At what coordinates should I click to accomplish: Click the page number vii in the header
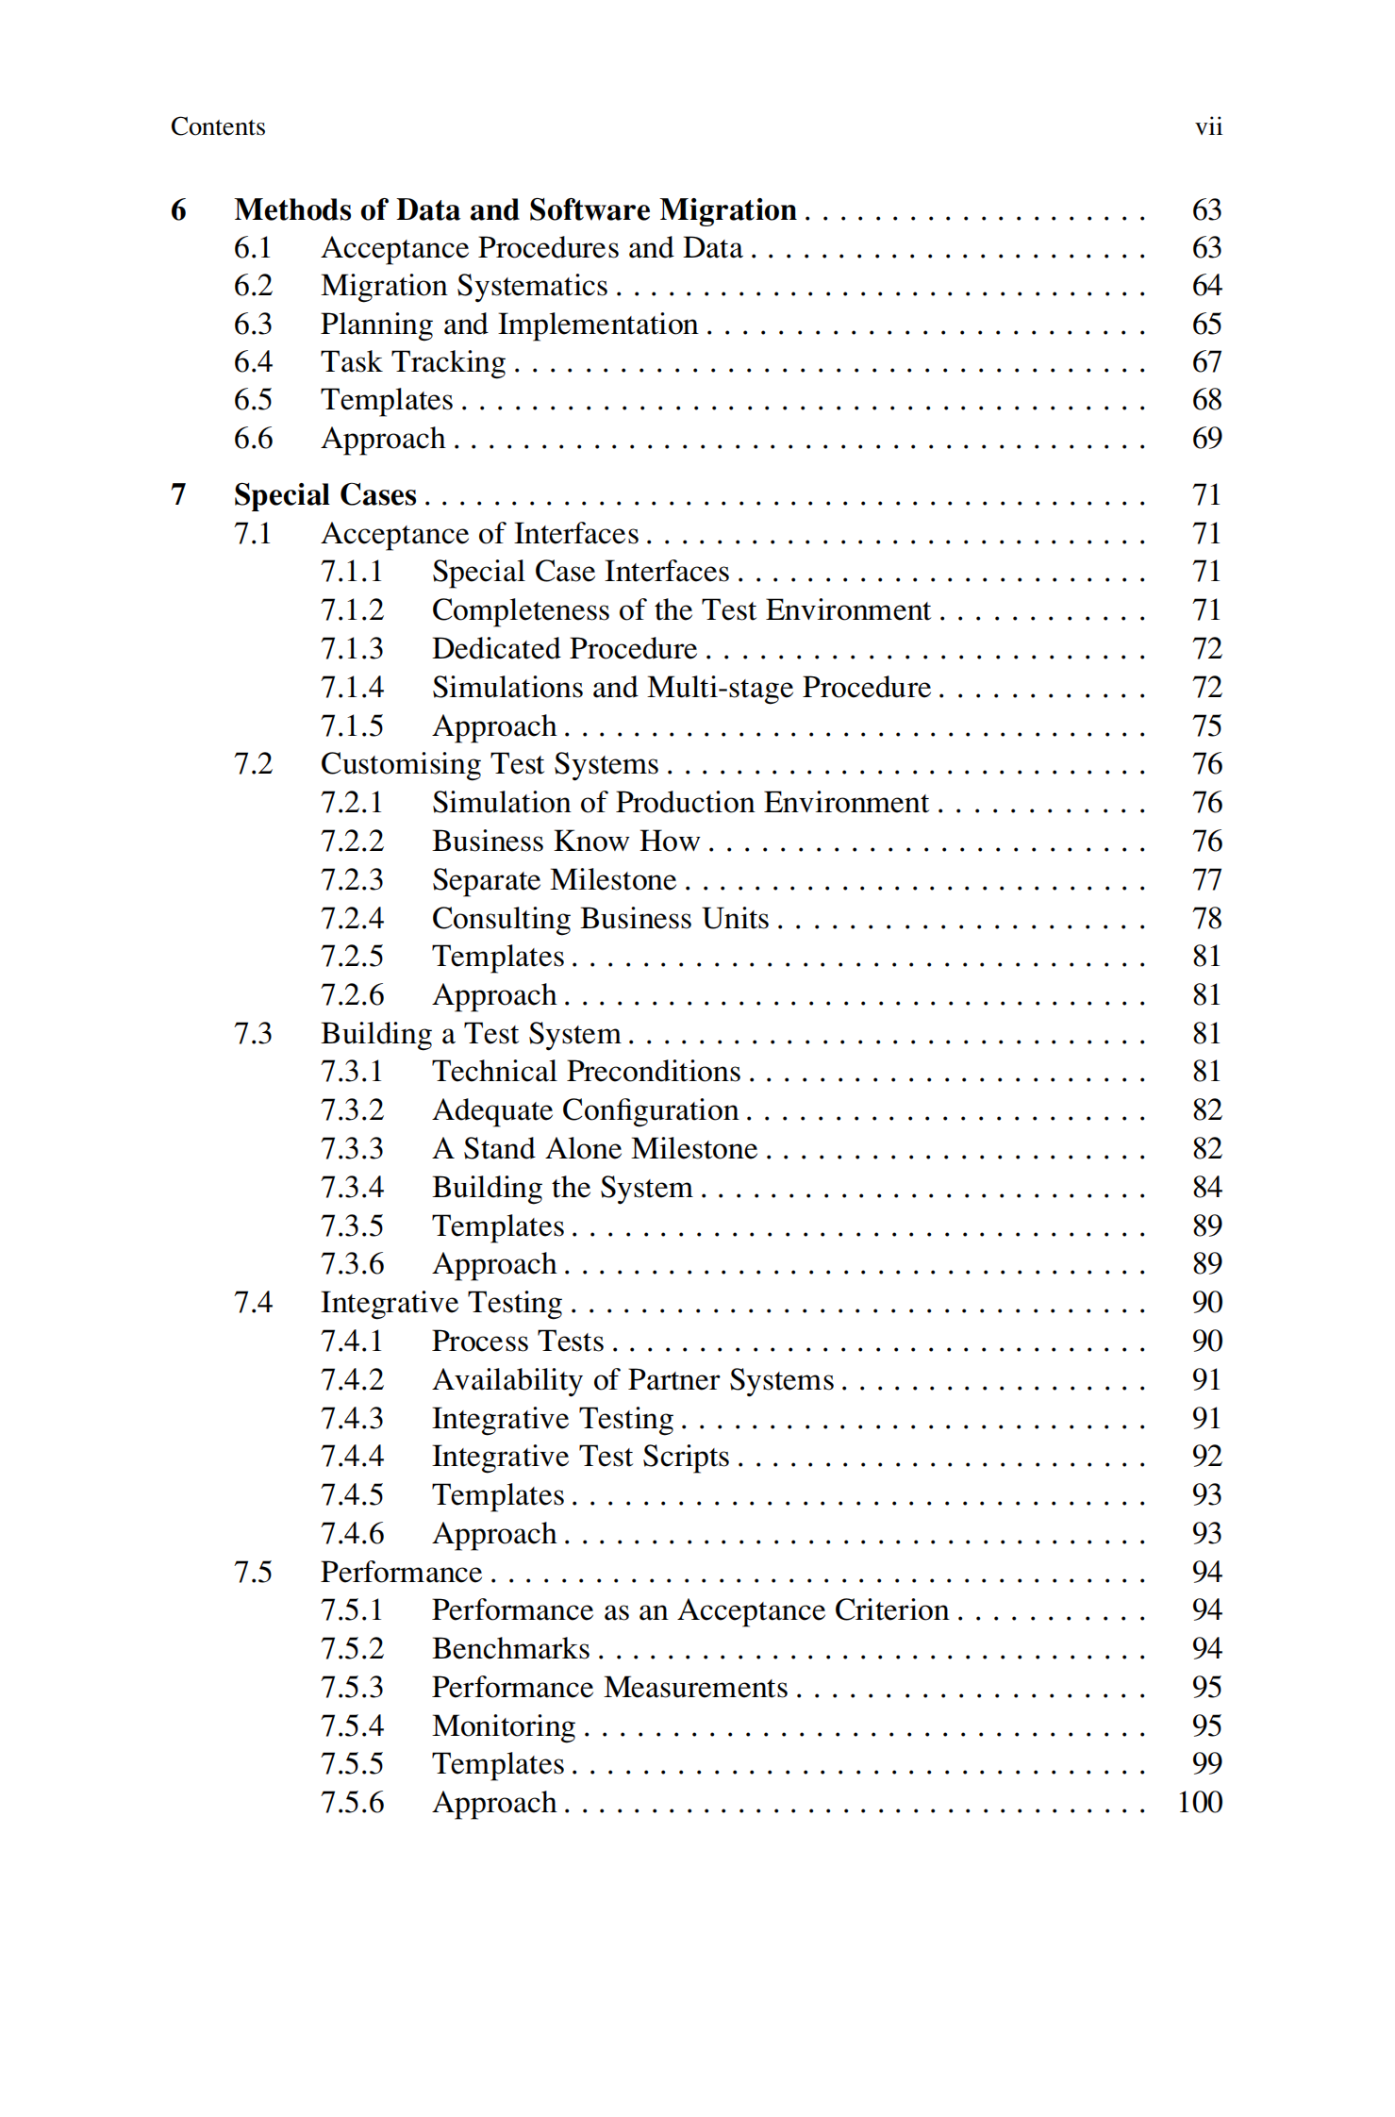pos(1207,126)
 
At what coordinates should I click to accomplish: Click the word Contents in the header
pos(218,126)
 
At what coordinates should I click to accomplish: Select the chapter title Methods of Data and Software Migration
pos(515,209)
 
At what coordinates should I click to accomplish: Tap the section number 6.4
pos(253,362)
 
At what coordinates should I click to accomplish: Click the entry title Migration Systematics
pos(464,286)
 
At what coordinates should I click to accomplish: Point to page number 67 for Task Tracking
pos(1206,362)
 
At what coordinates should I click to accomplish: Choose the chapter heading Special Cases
pos(324,495)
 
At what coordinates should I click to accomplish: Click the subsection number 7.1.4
pos(352,688)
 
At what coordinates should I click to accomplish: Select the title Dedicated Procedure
pos(564,649)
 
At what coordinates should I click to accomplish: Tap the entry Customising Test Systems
pos(490,764)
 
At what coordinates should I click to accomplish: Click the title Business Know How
pos(566,842)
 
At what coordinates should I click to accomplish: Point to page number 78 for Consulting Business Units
pos(1206,918)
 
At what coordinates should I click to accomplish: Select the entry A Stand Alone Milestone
pos(595,1149)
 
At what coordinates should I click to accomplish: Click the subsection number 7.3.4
pos(352,1188)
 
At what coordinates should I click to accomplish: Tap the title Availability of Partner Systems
pos(633,1380)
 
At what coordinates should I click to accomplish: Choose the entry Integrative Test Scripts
pos(581,1457)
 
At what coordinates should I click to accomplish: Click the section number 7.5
pos(253,1573)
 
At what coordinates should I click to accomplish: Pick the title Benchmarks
pos(511,1649)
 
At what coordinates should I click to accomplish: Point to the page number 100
pos(1200,1803)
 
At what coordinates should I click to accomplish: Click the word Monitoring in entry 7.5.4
pos(504,1726)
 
